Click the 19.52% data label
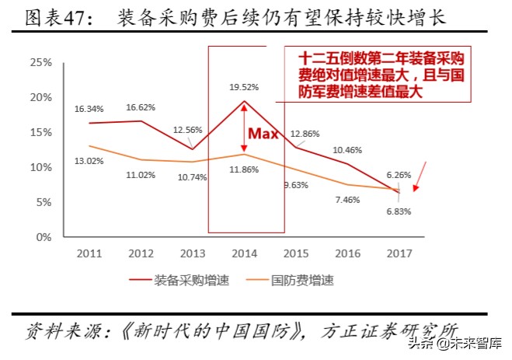coord(245,87)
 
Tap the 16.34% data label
coord(90,110)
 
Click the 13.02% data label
coord(90,161)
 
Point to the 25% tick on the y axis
coord(40,62)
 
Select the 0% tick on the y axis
coord(44,237)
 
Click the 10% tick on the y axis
coord(40,167)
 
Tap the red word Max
coord(263,134)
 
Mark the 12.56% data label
coord(187,129)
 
